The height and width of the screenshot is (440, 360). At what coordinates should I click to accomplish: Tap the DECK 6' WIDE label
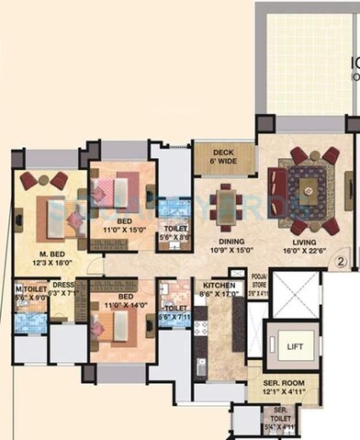(224, 157)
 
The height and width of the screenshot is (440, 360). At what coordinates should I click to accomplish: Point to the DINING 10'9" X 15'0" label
(225, 243)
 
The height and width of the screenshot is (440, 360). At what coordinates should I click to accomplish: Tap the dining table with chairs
(225, 205)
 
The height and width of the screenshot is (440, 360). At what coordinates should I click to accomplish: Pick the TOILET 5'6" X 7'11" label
(174, 313)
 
